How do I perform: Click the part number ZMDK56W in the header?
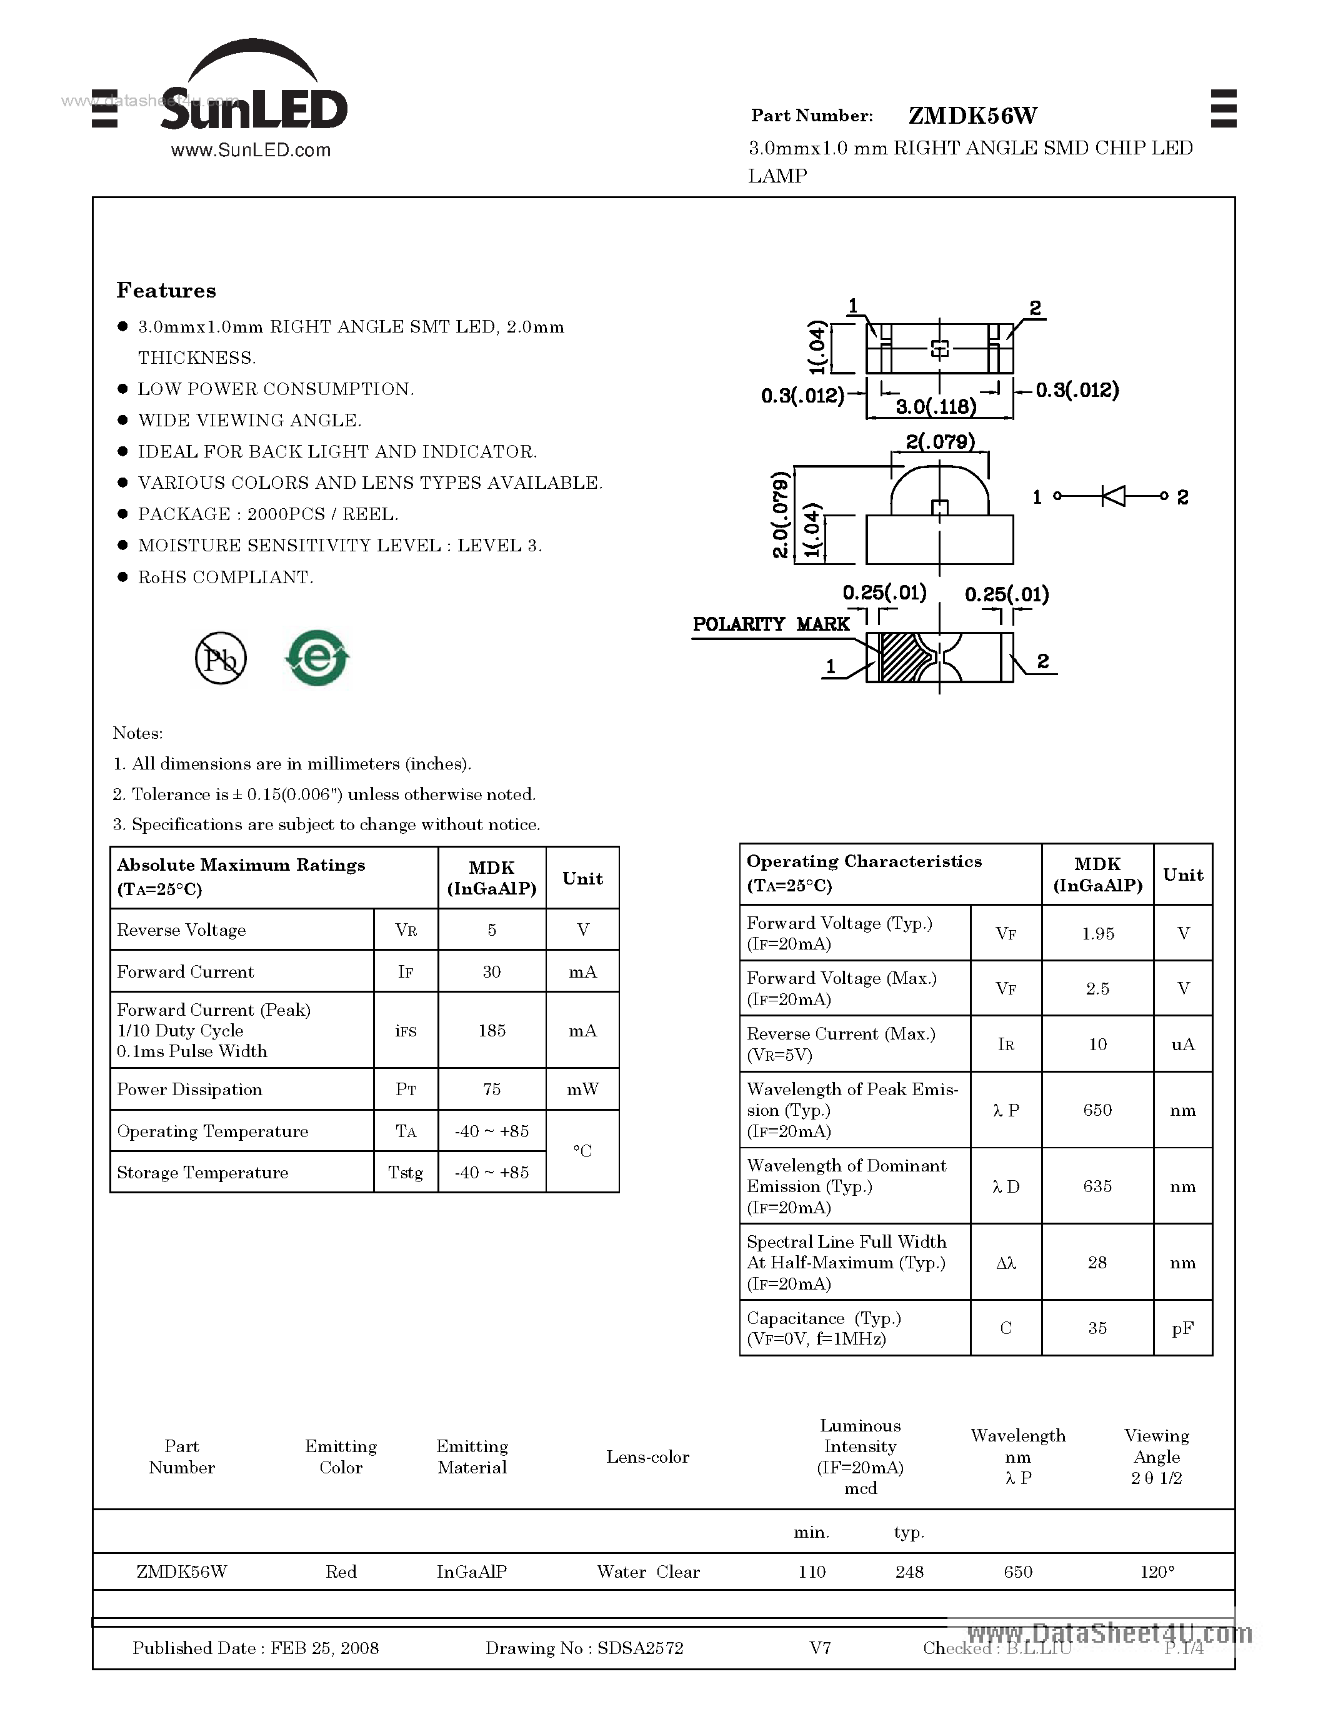coord(972,116)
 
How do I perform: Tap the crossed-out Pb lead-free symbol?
coord(220,658)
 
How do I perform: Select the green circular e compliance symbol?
coord(317,657)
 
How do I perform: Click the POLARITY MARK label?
coord(770,624)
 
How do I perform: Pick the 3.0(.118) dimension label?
coord(936,406)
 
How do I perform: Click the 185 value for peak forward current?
coord(492,1030)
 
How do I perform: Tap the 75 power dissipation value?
coord(492,1090)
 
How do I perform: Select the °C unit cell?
coord(582,1151)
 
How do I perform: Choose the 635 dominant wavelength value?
coord(1097,1186)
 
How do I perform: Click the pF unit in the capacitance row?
coord(1182,1328)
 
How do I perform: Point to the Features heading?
coord(166,291)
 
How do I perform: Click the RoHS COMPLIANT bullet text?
coord(225,578)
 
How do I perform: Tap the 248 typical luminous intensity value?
coord(909,1572)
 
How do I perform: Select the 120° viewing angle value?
coord(1157,1572)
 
